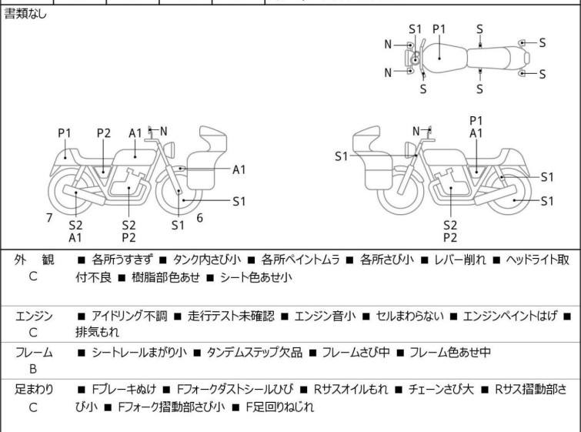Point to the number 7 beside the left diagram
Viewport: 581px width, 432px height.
49,217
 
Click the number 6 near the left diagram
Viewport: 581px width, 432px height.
199,217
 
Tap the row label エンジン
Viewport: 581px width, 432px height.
34,316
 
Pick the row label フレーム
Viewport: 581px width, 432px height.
34,353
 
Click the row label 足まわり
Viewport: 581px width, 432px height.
34,390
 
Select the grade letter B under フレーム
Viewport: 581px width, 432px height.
33,368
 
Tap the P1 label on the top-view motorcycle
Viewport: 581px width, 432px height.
439,28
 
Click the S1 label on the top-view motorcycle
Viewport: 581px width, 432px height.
416,28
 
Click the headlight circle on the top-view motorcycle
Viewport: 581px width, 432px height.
415,59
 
